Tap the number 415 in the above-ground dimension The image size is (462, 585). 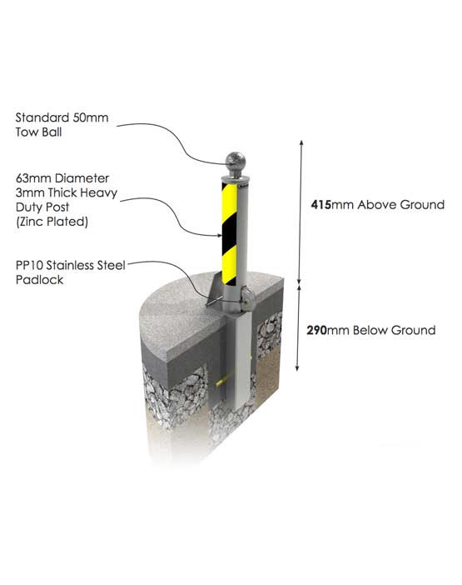[x=320, y=204]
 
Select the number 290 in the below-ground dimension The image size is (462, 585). [x=316, y=330]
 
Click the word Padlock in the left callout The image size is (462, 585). [x=39, y=280]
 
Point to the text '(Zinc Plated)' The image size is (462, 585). [x=52, y=222]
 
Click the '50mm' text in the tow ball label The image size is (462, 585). [x=91, y=117]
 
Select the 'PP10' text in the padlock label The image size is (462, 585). [x=29, y=265]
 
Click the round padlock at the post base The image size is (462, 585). [x=247, y=298]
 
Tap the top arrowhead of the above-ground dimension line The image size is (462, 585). [x=301, y=142]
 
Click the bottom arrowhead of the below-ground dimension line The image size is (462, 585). [x=297, y=367]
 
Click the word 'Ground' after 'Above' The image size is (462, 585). [x=422, y=204]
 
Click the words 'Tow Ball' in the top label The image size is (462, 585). [x=39, y=132]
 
